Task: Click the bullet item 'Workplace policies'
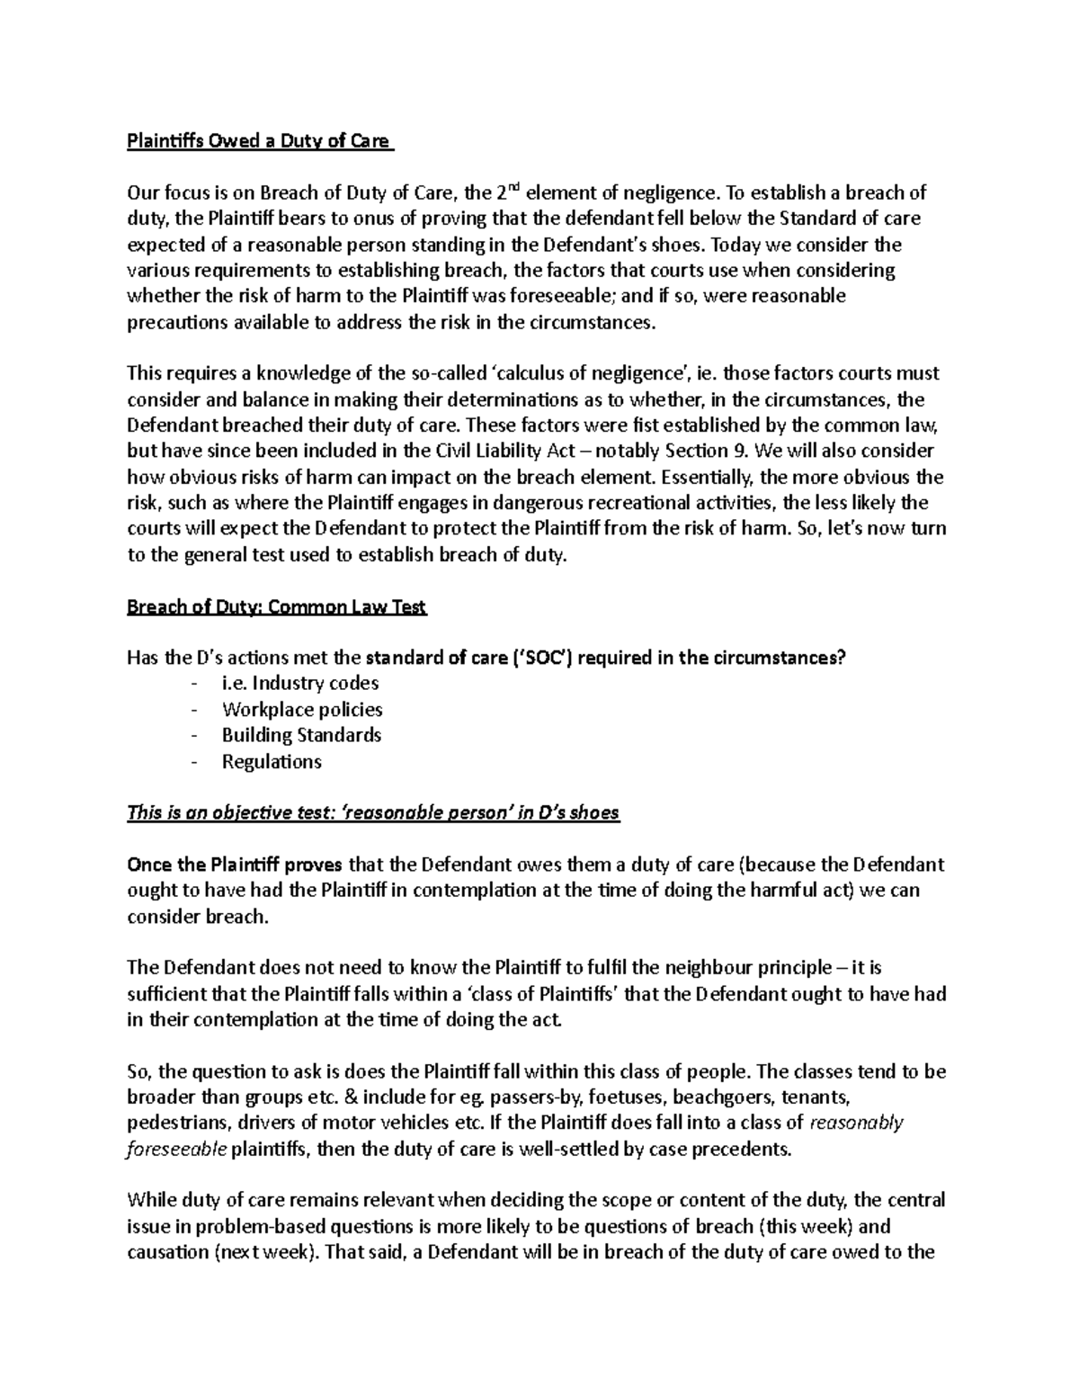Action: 302,710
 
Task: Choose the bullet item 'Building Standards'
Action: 301,735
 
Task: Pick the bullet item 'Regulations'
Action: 272,761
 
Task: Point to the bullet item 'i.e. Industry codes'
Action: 300,684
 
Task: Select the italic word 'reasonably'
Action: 857,1124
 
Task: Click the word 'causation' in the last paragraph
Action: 166,1253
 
